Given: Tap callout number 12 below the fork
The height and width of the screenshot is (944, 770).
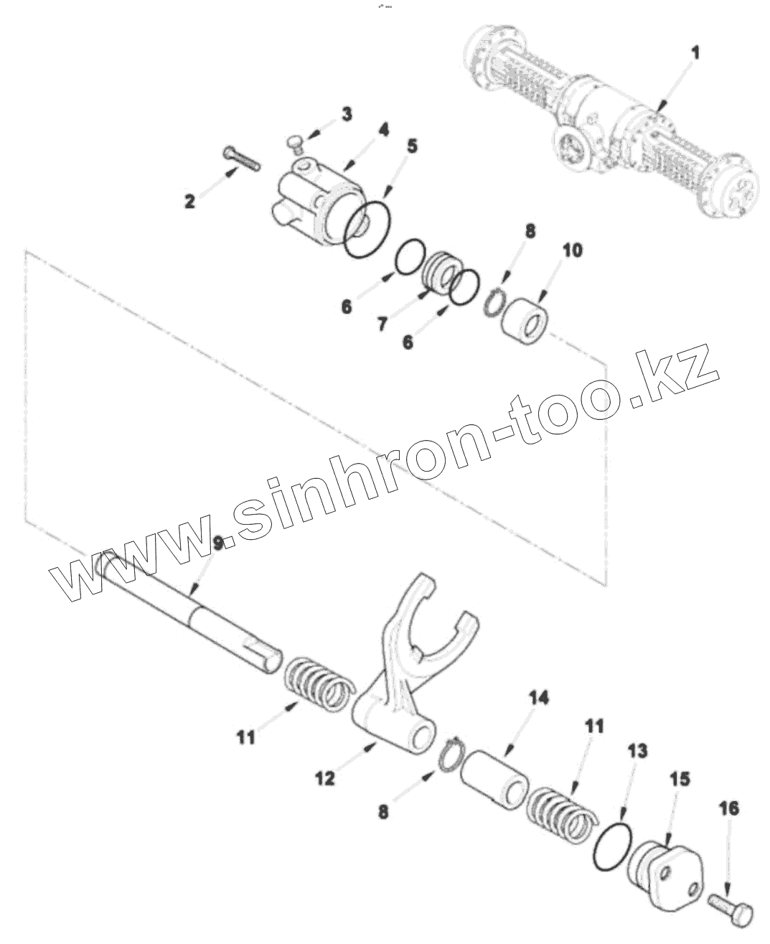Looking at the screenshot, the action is [325, 777].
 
